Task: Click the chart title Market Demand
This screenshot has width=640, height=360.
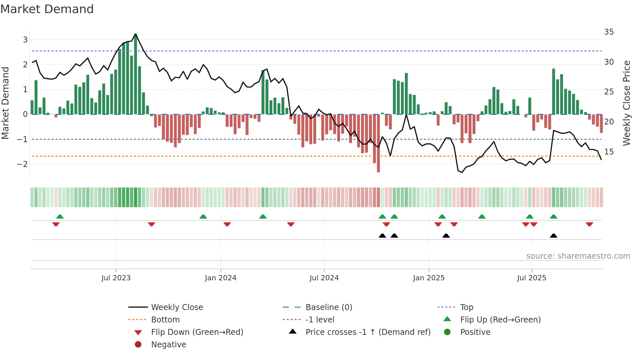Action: pyautogui.click(x=47, y=9)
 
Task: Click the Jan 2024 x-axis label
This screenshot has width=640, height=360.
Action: pyautogui.click(x=220, y=278)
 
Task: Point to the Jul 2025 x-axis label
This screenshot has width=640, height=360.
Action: pyautogui.click(x=531, y=278)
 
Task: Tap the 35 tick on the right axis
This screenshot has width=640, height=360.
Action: pyautogui.click(x=609, y=32)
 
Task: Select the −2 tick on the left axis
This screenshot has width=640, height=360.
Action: pyautogui.click(x=22, y=164)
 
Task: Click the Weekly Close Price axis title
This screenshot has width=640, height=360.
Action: pyautogui.click(x=626, y=103)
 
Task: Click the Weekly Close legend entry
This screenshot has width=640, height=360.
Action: pyautogui.click(x=177, y=307)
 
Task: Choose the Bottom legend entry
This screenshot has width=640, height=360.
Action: pyautogui.click(x=165, y=320)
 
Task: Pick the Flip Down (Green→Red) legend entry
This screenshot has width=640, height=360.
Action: pyautogui.click(x=197, y=332)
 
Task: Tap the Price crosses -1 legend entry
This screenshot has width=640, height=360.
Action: pyautogui.click(x=368, y=332)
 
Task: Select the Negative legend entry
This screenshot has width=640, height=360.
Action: pyautogui.click(x=168, y=345)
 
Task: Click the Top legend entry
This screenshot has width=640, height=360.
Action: pyautogui.click(x=466, y=307)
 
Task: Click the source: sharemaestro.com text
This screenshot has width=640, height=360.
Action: pyautogui.click(x=578, y=256)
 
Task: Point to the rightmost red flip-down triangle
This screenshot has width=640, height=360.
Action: pyautogui.click(x=589, y=224)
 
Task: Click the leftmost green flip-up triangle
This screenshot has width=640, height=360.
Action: pyautogui.click(x=60, y=217)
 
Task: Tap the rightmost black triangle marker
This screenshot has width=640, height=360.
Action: pyautogui.click(x=553, y=236)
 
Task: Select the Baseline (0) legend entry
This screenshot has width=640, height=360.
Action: pyautogui.click(x=328, y=307)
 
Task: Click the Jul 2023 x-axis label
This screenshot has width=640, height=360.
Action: pyautogui.click(x=116, y=278)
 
